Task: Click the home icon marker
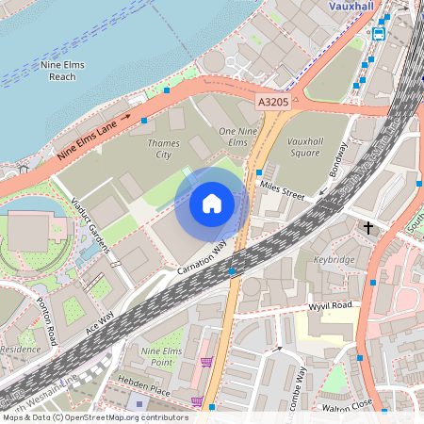[212, 203]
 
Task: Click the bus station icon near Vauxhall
[379, 34]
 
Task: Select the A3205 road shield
[272, 98]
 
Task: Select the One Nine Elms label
[238, 136]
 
